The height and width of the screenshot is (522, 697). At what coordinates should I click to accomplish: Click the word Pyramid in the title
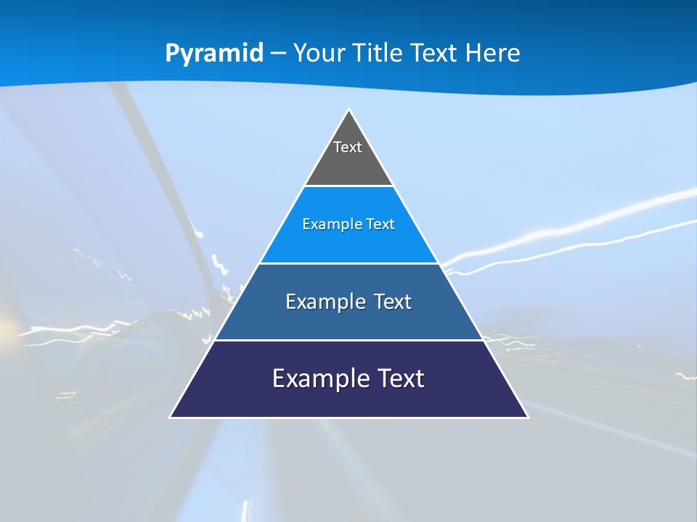[214, 54]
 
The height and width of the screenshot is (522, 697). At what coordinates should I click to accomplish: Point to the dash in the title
[278, 54]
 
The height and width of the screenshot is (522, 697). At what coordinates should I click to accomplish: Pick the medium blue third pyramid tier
[348, 319]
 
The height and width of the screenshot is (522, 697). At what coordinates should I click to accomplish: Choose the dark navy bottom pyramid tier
[348, 399]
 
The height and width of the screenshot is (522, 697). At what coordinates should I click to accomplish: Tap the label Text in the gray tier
[348, 147]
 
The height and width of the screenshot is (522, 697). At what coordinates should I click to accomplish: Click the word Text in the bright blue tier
[380, 224]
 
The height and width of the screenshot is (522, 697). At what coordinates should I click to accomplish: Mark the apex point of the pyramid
[348, 110]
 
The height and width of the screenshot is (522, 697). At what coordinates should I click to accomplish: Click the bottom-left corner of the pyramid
[171, 417]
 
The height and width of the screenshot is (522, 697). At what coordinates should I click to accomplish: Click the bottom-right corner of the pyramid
[527, 417]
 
